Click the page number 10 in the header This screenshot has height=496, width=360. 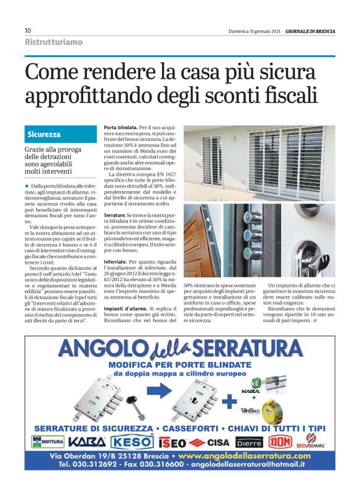coord(28,31)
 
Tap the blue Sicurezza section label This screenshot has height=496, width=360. coord(44,135)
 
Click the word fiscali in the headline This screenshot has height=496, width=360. coord(283,96)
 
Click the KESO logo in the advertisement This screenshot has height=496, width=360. coord(132,441)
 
